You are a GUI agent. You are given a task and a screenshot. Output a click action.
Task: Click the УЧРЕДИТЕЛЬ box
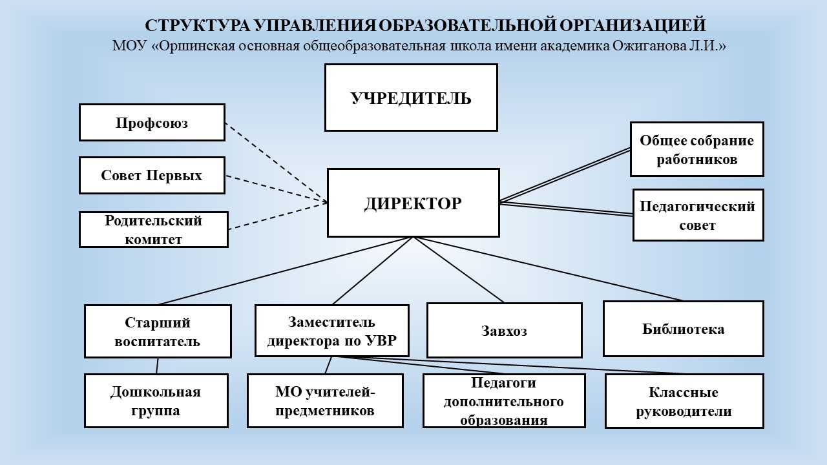[x=411, y=98]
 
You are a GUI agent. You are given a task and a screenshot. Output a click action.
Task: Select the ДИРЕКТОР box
[x=413, y=203]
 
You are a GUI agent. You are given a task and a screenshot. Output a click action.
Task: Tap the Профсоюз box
[x=152, y=122]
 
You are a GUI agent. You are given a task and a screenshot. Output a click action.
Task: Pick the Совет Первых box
[x=152, y=175]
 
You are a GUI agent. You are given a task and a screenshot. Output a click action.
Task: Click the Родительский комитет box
[x=154, y=229]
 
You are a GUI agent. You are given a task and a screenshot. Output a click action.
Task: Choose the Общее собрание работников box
[x=697, y=149]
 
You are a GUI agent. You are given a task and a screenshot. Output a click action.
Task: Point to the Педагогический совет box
[x=698, y=215]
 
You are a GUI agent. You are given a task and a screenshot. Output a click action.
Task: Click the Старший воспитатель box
[x=158, y=331]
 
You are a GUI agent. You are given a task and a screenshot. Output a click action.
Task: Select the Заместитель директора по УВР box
[x=331, y=331]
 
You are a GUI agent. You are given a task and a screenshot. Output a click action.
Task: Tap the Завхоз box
[x=504, y=331]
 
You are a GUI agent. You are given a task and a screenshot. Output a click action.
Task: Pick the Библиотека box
[x=683, y=329]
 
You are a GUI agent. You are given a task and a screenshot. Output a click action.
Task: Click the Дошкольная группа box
[x=156, y=400]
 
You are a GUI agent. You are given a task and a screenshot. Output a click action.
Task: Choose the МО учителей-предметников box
[x=325, y=400]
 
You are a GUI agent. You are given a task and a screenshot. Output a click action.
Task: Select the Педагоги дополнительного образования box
[x=504, y=400]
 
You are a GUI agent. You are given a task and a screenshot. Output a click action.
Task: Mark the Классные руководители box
[x=684, y=401]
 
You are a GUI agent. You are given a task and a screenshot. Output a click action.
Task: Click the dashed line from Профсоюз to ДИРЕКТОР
[x=275, y=162]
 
